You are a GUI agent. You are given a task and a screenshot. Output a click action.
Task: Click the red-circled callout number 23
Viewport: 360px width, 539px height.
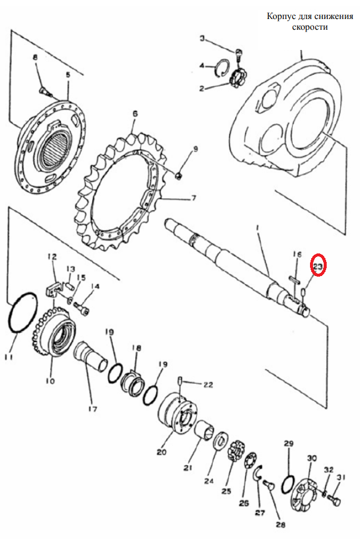(x=318, y=265)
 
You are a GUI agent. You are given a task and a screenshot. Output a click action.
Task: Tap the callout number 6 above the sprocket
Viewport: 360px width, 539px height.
(x=135, y=114)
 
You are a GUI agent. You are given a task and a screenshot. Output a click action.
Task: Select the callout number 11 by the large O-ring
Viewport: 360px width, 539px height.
(x=8, y=358)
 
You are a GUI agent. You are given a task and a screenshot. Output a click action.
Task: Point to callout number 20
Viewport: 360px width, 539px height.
(x=162, y=452)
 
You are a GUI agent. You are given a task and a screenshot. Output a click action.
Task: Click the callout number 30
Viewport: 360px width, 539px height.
(x=312, y=459)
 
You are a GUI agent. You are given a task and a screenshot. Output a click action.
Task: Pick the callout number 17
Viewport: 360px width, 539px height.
(x=92, y=409)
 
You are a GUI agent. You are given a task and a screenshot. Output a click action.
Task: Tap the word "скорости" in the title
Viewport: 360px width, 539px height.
(x=310, y=27)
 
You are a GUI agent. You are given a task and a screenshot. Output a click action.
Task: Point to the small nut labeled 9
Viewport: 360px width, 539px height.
(x=179, y=176)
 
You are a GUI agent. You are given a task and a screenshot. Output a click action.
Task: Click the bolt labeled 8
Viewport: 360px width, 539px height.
(x=45, y=91)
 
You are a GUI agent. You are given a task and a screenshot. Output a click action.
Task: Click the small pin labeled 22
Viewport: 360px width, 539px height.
(x=180, y=381)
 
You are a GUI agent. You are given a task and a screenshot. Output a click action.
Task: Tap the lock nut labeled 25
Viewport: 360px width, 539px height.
(x=236, y=451)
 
